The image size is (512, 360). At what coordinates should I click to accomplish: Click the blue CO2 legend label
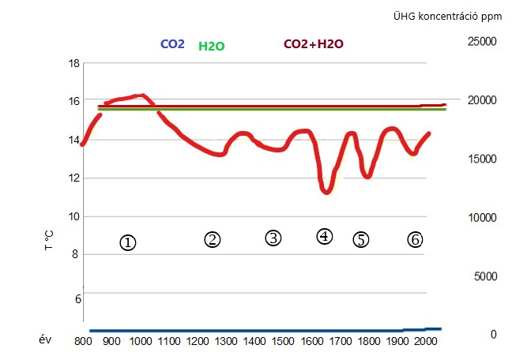(172, 45)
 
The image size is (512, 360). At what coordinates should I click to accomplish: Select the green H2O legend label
(211, 46)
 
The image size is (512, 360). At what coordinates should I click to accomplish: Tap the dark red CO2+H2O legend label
(314, 45)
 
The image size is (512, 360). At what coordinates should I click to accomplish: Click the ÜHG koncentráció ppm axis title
(449, 16)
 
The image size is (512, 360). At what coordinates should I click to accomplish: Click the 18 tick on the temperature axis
(75, 63)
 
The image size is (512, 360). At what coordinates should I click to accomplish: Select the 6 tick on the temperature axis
(77, 298)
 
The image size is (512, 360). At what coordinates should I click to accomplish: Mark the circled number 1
(128, 242)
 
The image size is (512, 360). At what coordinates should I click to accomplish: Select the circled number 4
(324, 236)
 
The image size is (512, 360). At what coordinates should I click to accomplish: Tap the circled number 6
(416, 239)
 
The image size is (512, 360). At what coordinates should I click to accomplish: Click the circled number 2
(212, 238)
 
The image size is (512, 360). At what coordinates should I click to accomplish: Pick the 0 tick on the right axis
(494, 335)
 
